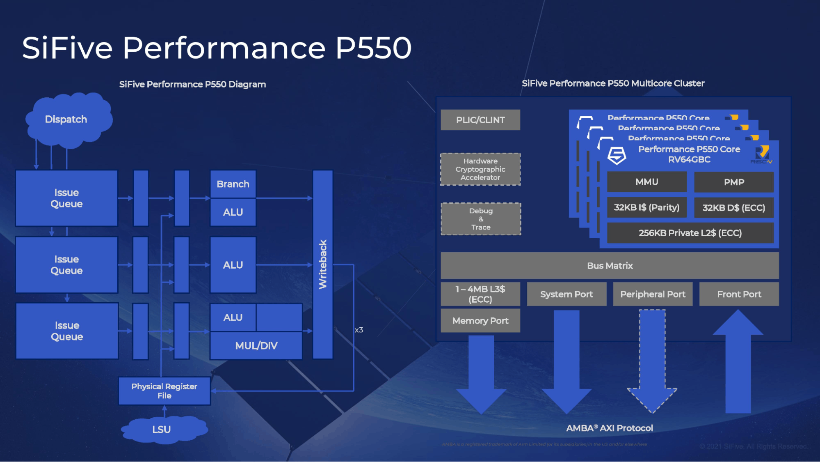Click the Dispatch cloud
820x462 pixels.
(x=66, y=120)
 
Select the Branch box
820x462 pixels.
(x=233, y=184)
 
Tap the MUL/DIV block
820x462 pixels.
(x=256, y=346)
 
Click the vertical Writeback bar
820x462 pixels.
(x=323, y=264)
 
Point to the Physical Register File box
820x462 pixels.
(x=164, y=391)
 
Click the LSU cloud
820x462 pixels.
(x=162, y=430)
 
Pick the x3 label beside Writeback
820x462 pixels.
(x=359, y=330)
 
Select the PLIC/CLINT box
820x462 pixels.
(x=480, y=120)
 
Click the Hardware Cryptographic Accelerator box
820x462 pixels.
(x=480, y=169)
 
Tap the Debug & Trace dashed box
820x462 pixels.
(x=481, y=219)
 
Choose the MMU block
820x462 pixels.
(x=647, y=182)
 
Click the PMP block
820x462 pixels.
(x=734, y=182)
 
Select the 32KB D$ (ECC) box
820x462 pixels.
(x=734, y=208)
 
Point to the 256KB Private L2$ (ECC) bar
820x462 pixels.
(x=690, y=233)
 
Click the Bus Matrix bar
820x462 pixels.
(x=610, y=266)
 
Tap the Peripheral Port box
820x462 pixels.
(x=653, y=294)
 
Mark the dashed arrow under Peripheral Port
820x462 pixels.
(x=652, y=361)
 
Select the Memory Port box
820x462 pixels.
(x=480, y=321)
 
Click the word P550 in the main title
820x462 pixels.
(x=373, y=48)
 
